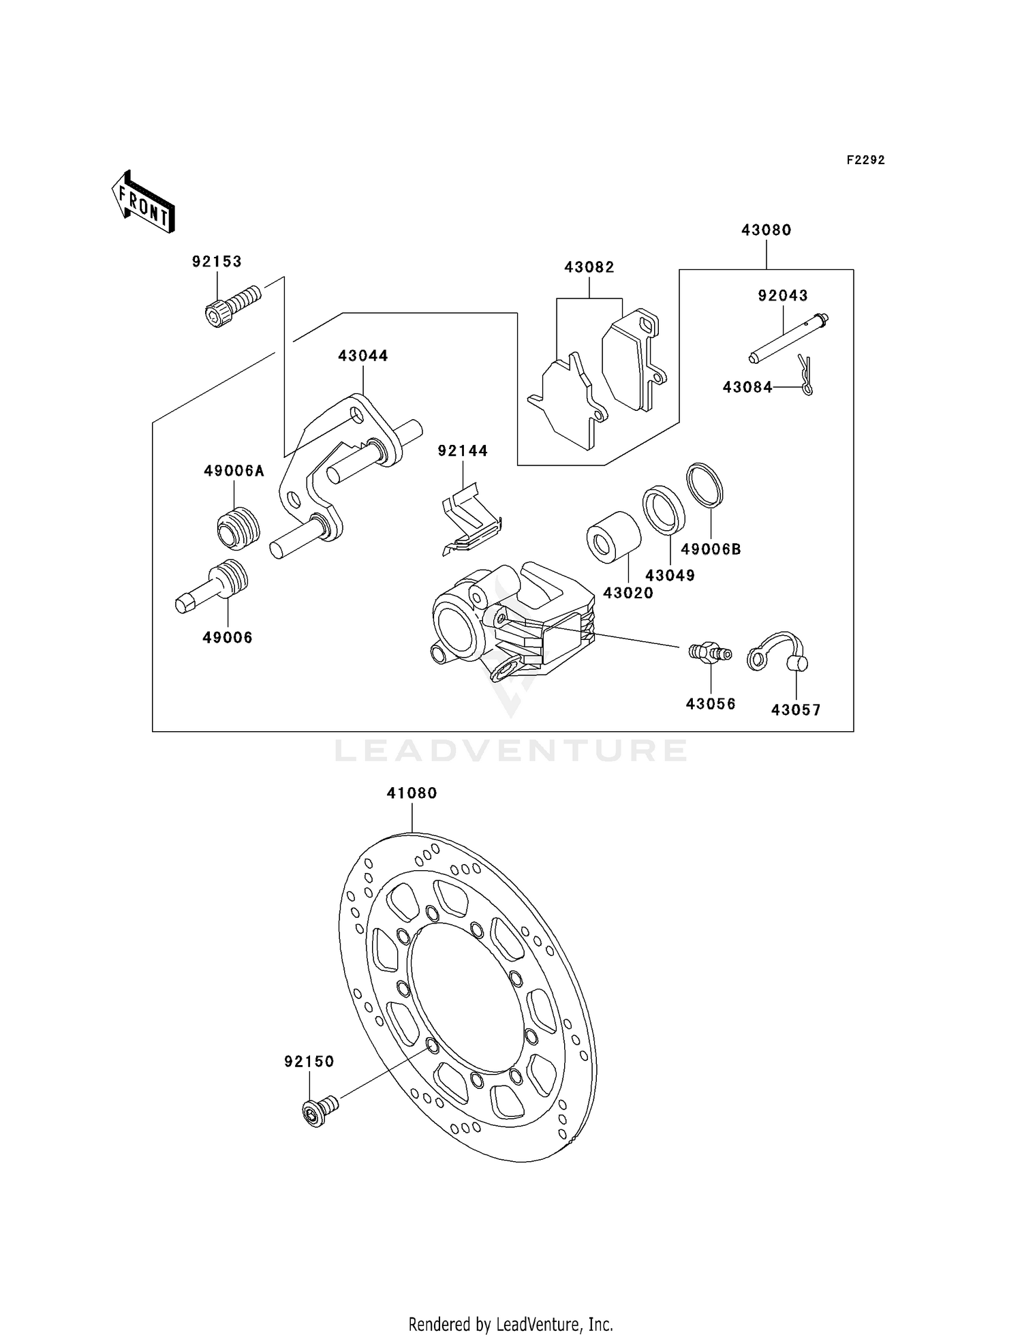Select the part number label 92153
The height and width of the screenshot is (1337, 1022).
tap(217, 262)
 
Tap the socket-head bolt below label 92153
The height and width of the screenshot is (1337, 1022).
tap(232, 306)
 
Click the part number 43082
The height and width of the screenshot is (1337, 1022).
tap(589, 268)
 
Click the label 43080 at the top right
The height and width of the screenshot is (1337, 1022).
tap(766, 230)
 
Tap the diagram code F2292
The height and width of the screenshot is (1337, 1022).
tap(865, 160)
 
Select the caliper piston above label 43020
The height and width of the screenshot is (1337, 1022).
tap(613, 536)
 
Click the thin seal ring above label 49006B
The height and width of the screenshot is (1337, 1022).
tap(704, 485)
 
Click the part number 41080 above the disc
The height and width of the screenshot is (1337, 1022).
tap(412, 793)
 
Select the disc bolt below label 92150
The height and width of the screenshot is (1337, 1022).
tap(318, 1111)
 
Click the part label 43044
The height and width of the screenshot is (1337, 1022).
tap(363, 356)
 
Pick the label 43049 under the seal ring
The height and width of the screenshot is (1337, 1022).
tap(670, 576)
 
